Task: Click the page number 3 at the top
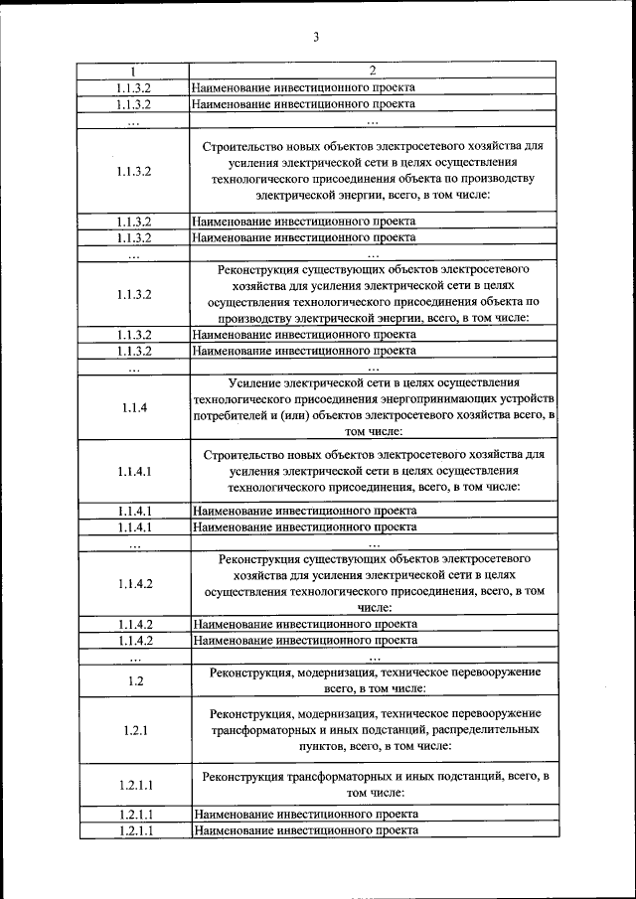[316, 38]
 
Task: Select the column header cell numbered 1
[134, 72]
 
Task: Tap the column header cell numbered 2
[373, 72]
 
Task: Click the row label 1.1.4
[134, 407]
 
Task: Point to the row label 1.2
[135, 680]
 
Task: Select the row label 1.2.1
[135, 730]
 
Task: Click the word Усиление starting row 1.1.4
[253, 382]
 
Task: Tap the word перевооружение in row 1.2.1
[493, 713]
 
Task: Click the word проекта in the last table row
[393, 829]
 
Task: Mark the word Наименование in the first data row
[234, 86]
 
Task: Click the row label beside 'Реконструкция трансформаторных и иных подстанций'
[134, 785]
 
